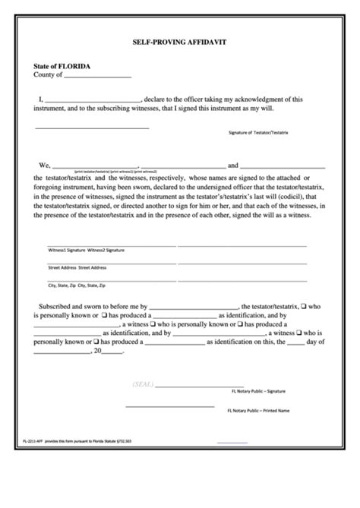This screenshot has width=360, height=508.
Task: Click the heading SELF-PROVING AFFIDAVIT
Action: pyautogui.click(x=180, y=44)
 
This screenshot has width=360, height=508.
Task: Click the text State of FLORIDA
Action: pyautogui.click(x=62, y=66)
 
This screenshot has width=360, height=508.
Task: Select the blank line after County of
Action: pyautogui.click(x=97, y=77)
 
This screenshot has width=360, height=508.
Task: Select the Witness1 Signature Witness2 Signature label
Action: pyautogui.click(x=86, y=250)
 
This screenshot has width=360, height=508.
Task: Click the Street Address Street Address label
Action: pyautogui.click(x=77, y=268)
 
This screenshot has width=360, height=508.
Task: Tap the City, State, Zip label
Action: pyautogui.click(x=63, y=286)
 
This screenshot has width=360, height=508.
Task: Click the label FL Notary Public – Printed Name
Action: pyautogui.click(x=258, y=411)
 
